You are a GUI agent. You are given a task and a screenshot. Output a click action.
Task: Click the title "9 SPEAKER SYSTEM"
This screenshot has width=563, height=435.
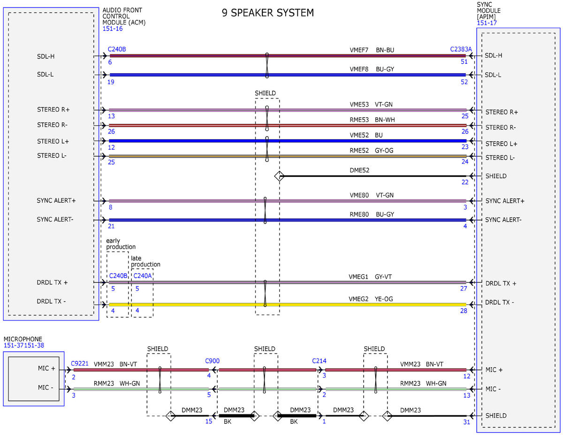tap(267, 13)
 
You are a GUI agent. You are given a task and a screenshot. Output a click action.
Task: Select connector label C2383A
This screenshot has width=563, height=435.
tap(461, 49)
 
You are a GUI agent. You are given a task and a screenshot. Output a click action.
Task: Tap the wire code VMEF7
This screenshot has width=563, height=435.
tap(358, 50)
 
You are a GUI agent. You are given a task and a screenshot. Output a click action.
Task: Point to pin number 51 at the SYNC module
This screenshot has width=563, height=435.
tap(464, 61)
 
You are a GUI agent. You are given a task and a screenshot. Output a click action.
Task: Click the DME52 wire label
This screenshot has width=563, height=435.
tap(359, 170)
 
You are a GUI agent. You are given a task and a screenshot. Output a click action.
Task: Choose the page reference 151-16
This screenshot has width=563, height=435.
tap(113, 29)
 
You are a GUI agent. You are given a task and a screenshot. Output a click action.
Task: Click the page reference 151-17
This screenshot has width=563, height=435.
tap(487, 23)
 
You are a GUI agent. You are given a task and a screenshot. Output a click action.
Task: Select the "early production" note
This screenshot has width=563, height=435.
tap(121, 244)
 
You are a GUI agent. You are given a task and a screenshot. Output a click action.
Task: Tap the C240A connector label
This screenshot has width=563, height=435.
tap(142, 275)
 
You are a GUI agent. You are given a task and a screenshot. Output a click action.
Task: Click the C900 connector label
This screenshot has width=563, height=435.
tap(212, 361)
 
